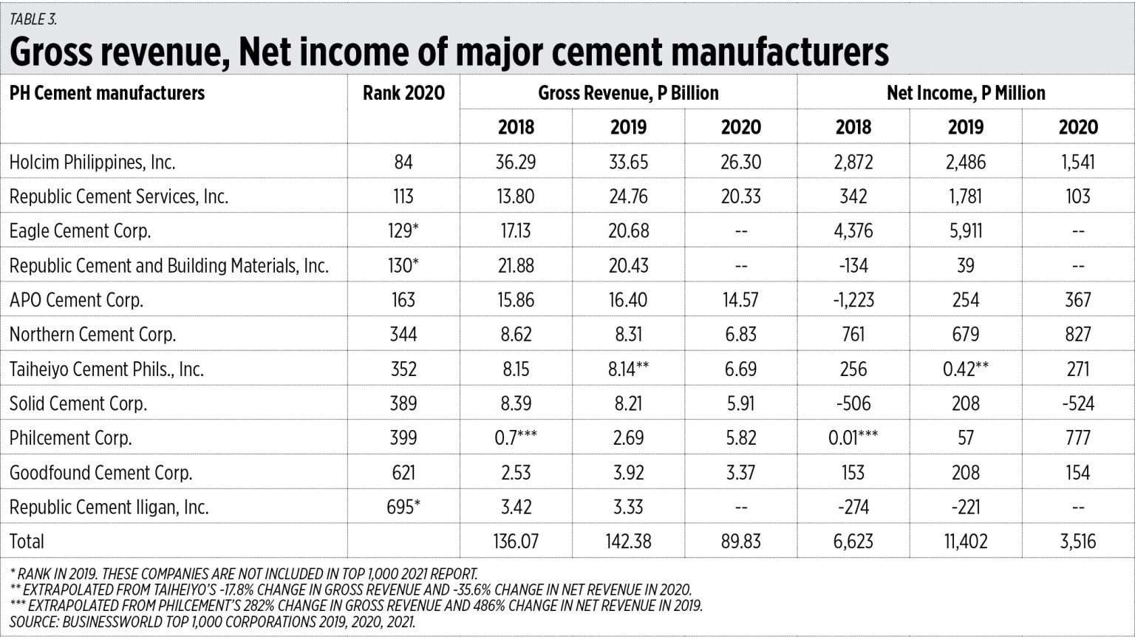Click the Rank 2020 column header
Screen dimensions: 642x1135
pos(403,93)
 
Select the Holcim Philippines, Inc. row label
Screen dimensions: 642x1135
pos(92,163)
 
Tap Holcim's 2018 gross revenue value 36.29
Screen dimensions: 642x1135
pos(515,163)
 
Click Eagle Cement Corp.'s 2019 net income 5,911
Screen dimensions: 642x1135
pos(965,231)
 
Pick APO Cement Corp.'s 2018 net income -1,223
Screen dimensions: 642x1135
pos(853,300)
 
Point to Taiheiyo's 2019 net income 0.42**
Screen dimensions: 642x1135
pos(965,369)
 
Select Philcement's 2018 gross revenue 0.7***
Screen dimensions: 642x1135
pos(515,438)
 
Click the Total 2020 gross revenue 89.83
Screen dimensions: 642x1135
pos(740,542)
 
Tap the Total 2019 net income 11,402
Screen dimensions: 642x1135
pos(965,542)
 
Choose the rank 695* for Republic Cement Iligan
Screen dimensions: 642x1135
pos(403,507)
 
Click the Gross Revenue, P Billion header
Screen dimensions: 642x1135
pos(628,93)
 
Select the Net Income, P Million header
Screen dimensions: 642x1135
pos(965,93)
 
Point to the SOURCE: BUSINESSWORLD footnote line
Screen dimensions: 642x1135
pos(212,622)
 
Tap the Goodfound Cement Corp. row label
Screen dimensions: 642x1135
pos(100,473)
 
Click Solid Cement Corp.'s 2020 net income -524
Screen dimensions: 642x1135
pos(1077,403)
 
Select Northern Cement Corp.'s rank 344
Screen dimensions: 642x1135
pos(403,335)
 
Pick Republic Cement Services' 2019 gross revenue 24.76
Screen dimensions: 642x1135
pos(628,197)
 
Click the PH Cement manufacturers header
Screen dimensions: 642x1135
pos(107,93)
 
